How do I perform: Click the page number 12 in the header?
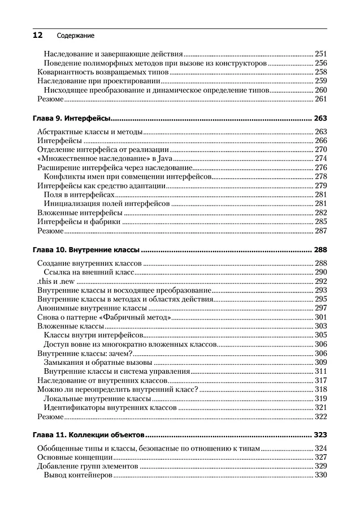[37, 35]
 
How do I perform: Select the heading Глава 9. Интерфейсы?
[71, 119]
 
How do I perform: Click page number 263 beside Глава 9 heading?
[320, 119]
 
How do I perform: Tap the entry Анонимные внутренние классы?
[92, 308]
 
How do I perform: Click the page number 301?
[320, 317]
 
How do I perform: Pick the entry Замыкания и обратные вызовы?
[98, 362]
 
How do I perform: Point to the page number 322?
[320, 416]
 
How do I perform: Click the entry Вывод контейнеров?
[78, 475]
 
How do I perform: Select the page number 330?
[320, 475]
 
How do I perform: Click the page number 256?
[320, 63]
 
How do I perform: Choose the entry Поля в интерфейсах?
[75, 195]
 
